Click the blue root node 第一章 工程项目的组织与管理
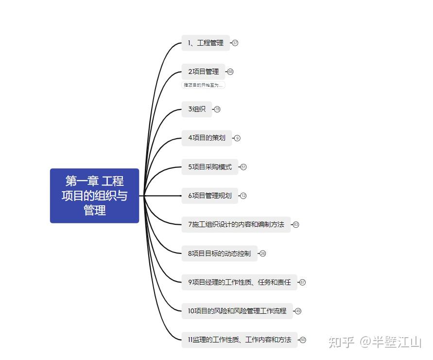(x=94, y=196)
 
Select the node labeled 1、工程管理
(x=206, y=43)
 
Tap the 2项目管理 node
(x=204, y=72)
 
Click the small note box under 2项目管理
(x=204, y=85)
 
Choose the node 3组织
(x=197, y=109)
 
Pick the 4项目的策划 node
(x=207, y=138)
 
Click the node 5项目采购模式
(x=210, y=167)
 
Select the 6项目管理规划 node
(x=210, y=196)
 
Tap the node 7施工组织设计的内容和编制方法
(x=236, y=224)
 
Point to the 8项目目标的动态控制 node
(x=220, y=253)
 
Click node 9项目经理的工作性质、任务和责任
(x=240, y=282)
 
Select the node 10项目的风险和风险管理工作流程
(x=237, y=310)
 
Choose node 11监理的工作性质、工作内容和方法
(x=240, y=340)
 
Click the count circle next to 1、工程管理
(x=235, y=43)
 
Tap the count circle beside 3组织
(x=217, y=109)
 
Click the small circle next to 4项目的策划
(x=237, y=138)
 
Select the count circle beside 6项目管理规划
(x=243, y=196)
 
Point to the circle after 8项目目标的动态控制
(x=263, y=253)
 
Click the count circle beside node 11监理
(x=303, y=340)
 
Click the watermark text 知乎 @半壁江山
(x=375, y=342)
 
